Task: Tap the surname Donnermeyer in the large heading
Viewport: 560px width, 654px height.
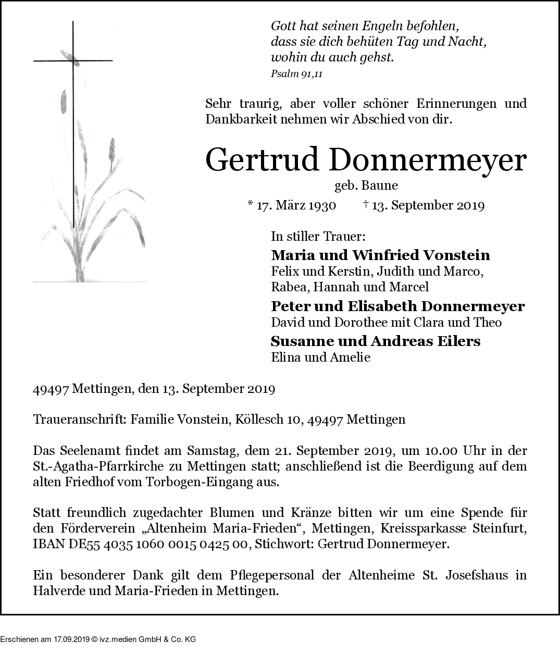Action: click(427, 161)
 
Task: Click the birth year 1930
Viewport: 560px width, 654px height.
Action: click(321, 205)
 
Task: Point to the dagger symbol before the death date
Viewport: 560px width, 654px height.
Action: click(366, 204)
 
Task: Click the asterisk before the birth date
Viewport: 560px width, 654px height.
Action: click(250, 204)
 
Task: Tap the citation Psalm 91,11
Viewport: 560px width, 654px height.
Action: click(296, 74)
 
